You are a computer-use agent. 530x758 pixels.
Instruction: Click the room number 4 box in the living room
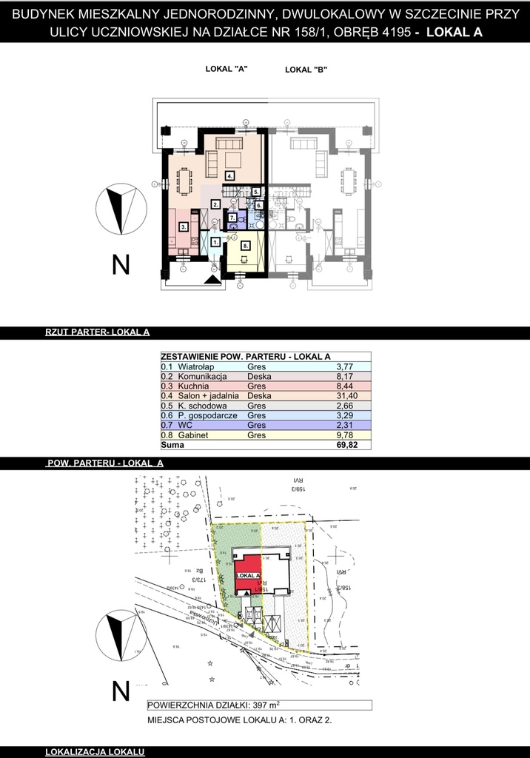click(x=231, y=176)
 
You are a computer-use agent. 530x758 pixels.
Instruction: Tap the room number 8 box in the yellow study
click(x=246, y=246)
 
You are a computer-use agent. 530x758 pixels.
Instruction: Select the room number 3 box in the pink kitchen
click(x=183, y=227)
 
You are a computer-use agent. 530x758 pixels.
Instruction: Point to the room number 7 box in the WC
click(x=232, y=218)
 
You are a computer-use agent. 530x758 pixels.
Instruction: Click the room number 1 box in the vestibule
click(x=215, y=241)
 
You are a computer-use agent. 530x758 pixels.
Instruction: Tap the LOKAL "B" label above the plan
click(x=306, y=70)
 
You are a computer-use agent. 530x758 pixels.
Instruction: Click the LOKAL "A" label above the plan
click(x=226, y=69)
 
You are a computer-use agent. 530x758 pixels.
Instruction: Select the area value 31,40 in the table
click(x=346, y=396)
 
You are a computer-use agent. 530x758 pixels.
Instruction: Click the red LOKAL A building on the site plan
click(x=249, y=573)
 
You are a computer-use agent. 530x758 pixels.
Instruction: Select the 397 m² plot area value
click(x=261, y=705)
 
